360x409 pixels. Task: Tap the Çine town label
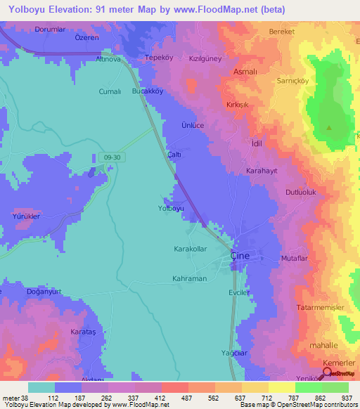(x=240, y=257)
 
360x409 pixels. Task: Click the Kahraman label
(x=188, y=279)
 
